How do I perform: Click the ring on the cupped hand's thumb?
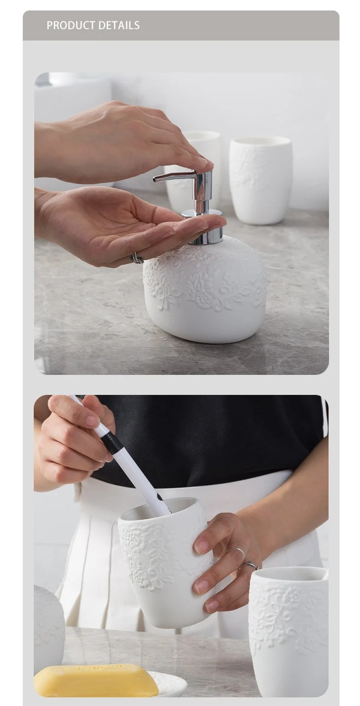click(x=138, y=258)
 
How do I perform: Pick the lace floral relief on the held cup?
click(x=150, y=551)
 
